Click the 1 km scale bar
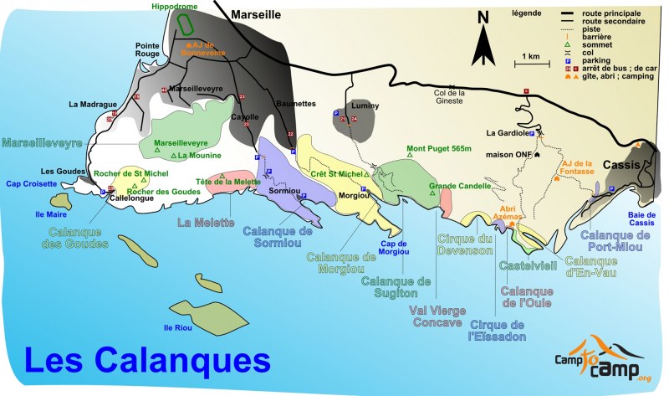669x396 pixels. pos(530,64)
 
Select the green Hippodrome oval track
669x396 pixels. pos(187,26)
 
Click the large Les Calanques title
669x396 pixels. pos(146,361)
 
